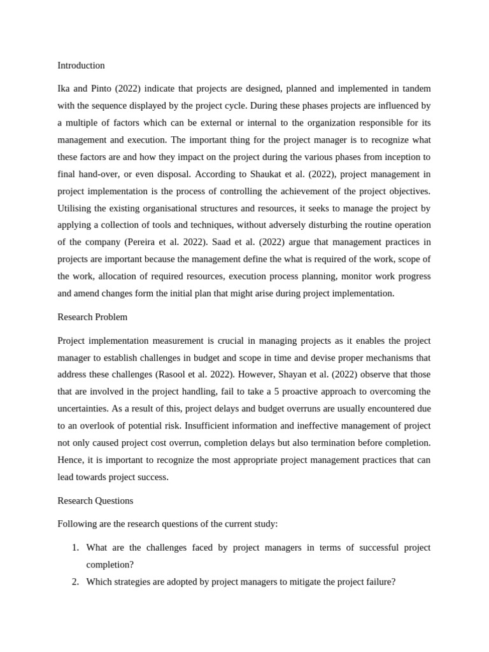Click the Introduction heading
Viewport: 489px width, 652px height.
[x=81, y=66]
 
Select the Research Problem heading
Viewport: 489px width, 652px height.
[x=92, y=317]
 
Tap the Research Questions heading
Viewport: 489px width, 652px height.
[x=96, y=500]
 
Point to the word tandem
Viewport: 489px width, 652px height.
[x=414, y=89]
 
